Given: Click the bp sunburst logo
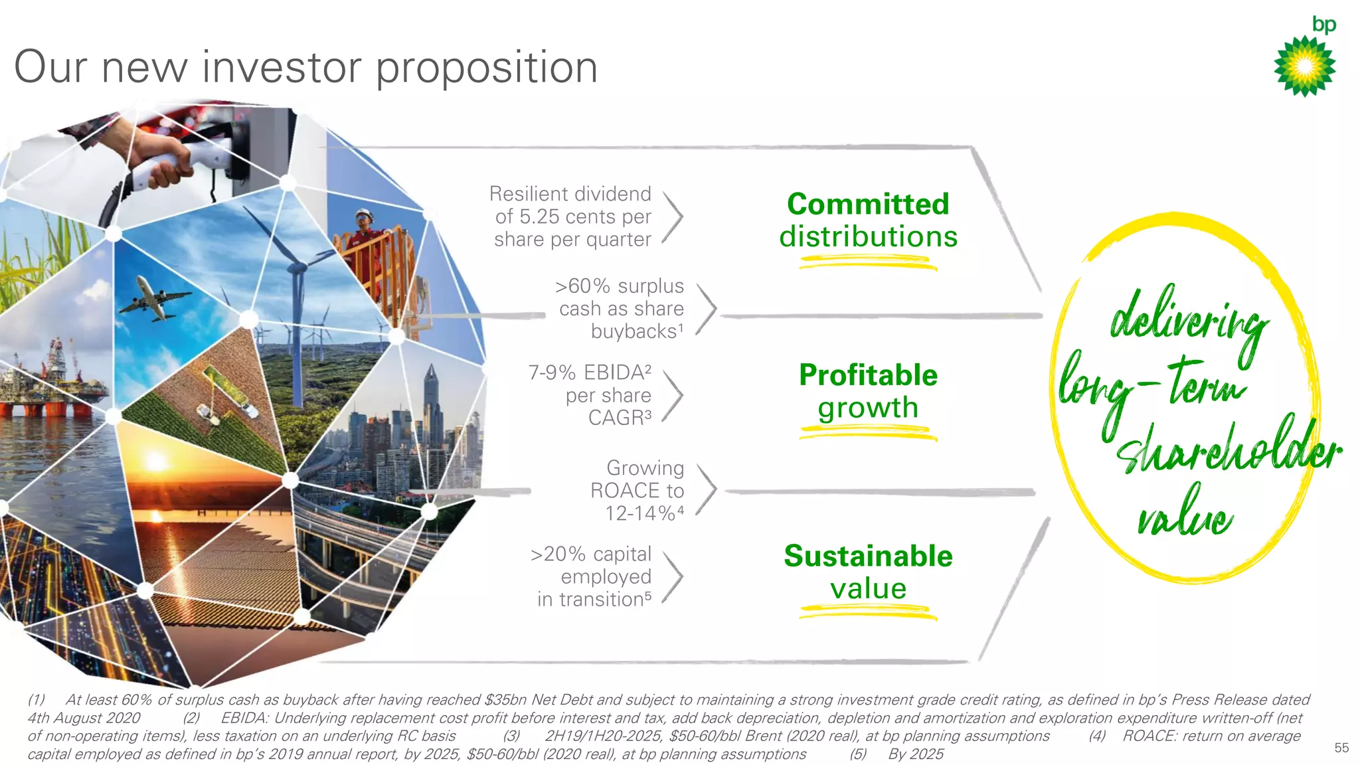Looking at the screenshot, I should point(1304,66).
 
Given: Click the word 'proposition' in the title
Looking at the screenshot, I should point(487,68).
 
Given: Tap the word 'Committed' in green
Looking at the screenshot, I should point(868,205).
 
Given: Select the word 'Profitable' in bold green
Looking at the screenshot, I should point(868,375).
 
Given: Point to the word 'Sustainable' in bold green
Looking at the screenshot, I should point(868,556).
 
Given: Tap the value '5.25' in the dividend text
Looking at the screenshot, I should point(541,216).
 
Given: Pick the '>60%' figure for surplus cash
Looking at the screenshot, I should point(582,286).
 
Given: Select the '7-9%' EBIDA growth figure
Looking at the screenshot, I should point(552,373).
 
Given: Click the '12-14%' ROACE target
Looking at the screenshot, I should point(640,513).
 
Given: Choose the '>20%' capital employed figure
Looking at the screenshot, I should point(558,554).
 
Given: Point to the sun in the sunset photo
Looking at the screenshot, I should point(156,461).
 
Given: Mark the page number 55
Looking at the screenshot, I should point(1341,748).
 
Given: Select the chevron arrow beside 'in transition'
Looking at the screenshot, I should point(673,576).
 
